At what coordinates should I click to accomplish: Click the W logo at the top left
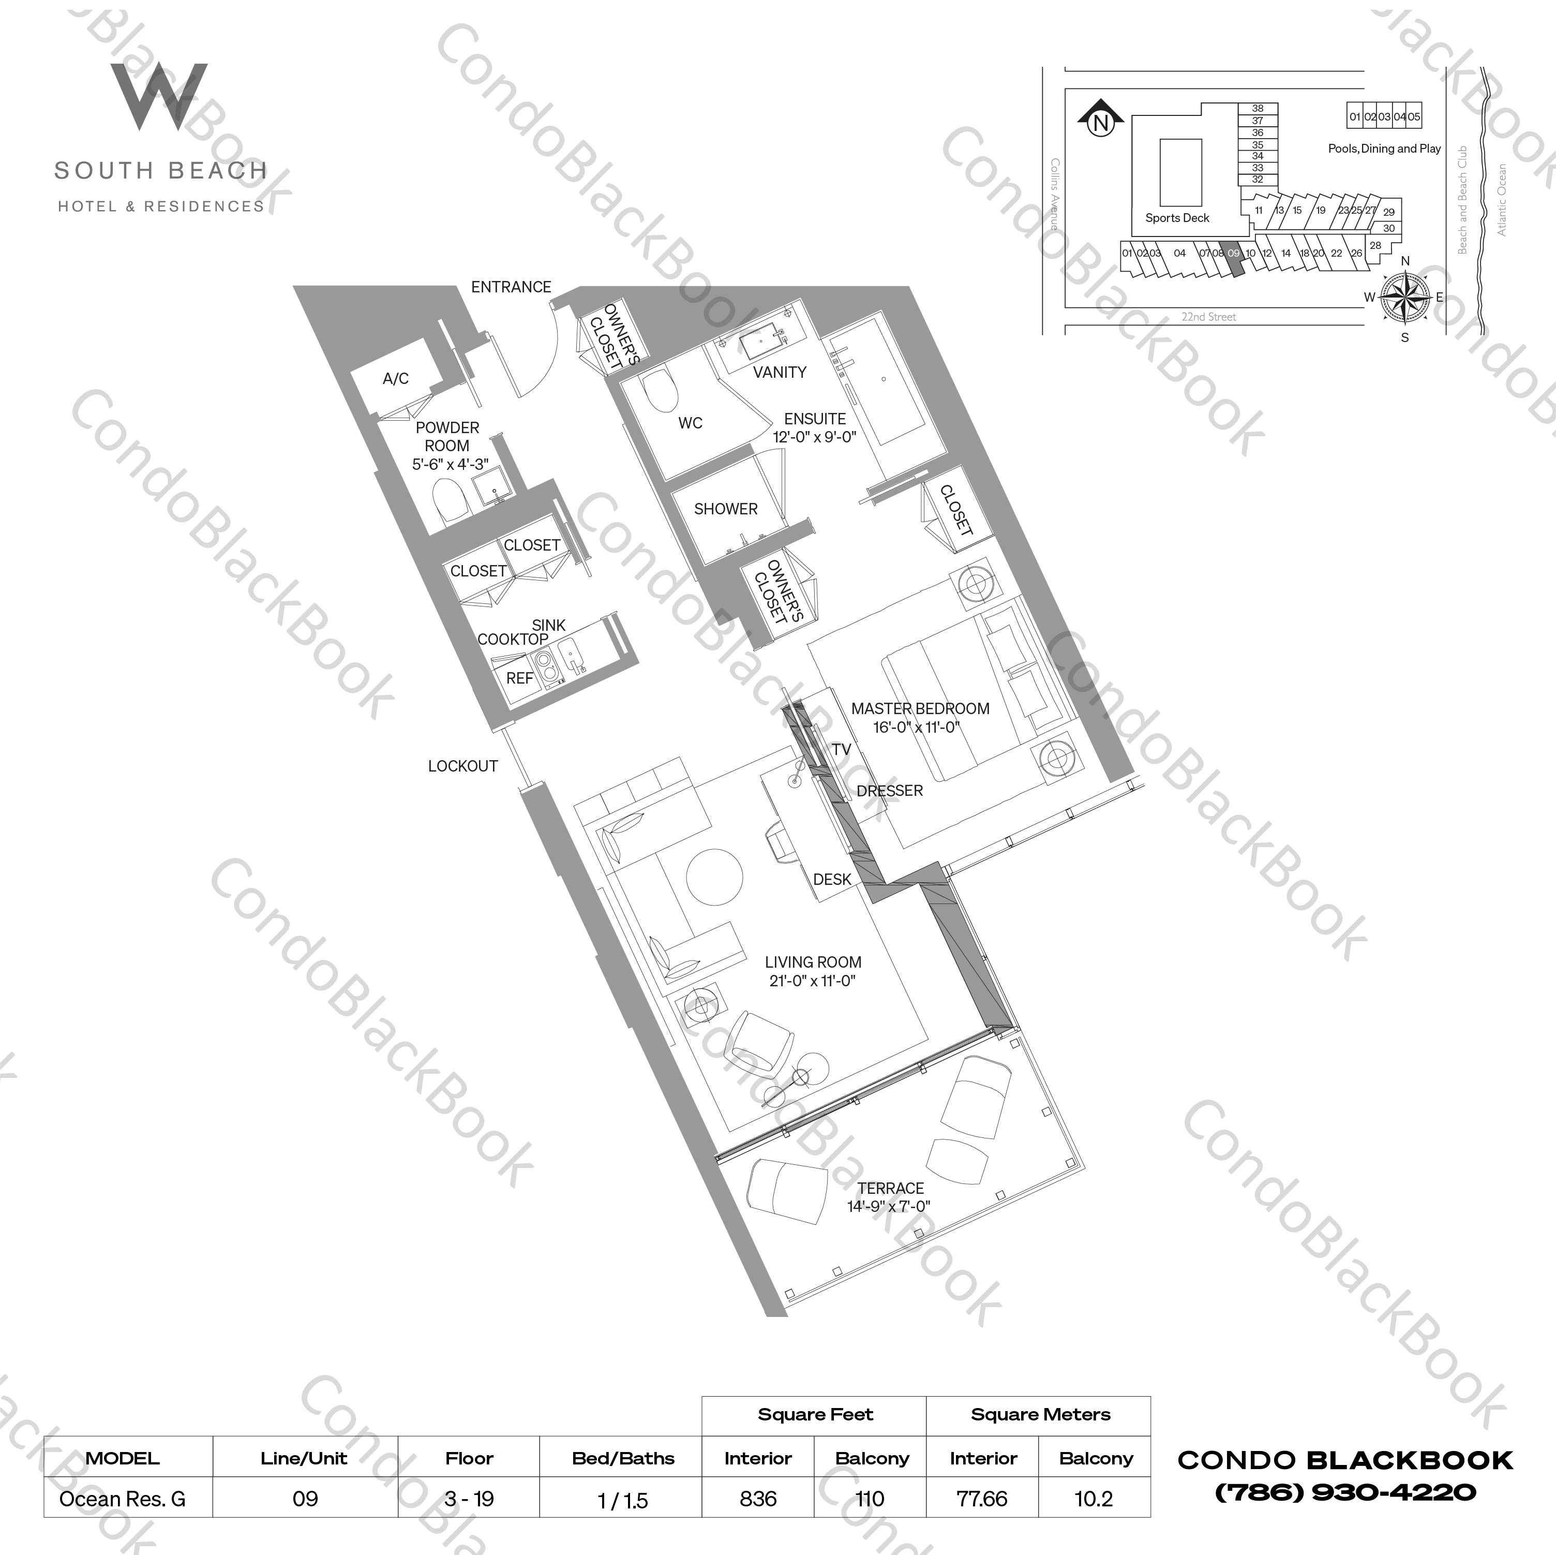(159, 97)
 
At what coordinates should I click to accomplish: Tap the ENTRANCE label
(511, 287)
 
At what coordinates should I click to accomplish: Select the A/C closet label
(395, 379)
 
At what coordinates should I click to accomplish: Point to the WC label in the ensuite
(690, 423)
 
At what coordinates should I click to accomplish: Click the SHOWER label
(726, 509)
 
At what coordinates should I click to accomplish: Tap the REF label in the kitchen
(519, 678)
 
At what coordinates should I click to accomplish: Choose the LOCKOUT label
(462, 766)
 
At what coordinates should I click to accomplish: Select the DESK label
(832, 879)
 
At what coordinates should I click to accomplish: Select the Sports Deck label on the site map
(1177, 217)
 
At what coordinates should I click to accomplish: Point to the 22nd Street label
(1208, 317)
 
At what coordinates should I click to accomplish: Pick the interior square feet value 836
(758, 1499)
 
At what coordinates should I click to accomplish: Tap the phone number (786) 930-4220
(1345, 1493)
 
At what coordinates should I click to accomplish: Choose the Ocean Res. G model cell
(123, 1499)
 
